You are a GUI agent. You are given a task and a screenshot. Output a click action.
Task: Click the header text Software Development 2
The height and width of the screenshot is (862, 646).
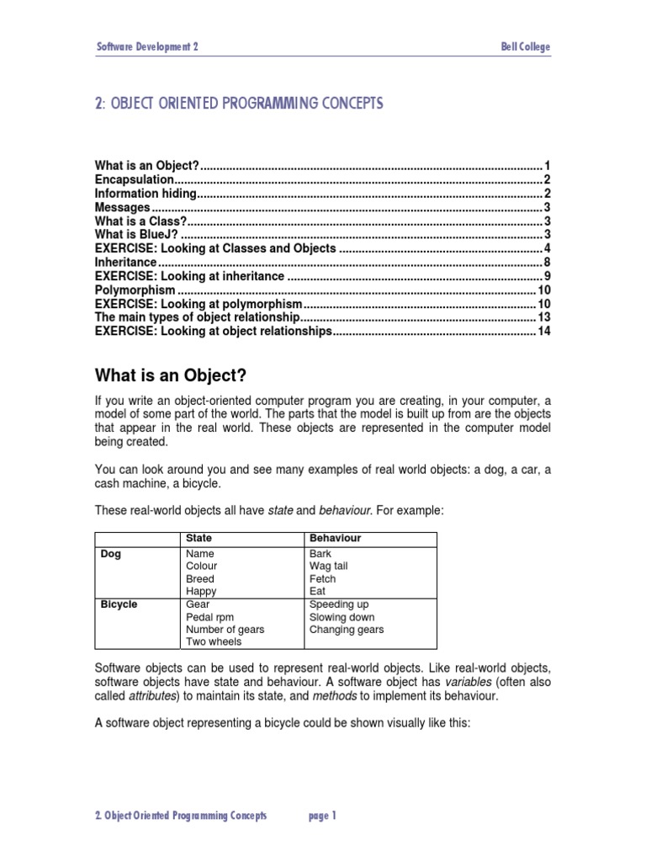tap(147, 47)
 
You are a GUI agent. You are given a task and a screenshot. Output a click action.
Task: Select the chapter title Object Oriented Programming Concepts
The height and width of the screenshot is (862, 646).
tap(240, 104)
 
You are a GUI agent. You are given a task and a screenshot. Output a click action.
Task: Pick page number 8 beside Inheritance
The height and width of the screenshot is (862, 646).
tap(546, 262)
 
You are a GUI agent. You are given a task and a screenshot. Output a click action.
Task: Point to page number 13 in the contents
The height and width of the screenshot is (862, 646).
tap(543, 317)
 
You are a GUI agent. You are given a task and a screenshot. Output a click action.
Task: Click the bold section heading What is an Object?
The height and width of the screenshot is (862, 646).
tap(172, 375)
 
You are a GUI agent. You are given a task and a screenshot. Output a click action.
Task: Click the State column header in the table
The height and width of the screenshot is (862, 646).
tap(199, 538)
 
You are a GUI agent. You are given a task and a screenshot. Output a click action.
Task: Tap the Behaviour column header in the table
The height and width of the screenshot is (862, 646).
tap(335, 538)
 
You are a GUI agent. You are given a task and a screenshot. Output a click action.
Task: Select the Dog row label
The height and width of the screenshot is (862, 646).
tap(110, 554)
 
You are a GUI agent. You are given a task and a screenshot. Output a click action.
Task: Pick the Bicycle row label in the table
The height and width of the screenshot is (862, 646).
tap(119, 604)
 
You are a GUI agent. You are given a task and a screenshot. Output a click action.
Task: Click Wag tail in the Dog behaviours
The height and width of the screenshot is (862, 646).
tap(328, 567)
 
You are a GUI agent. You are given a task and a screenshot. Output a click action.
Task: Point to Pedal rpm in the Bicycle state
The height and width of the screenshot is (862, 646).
tap(210, 617)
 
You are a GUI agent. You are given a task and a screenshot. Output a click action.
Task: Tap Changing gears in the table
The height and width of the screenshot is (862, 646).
tap(347, 630)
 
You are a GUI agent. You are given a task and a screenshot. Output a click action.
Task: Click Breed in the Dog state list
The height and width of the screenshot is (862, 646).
tap(200, 579)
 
